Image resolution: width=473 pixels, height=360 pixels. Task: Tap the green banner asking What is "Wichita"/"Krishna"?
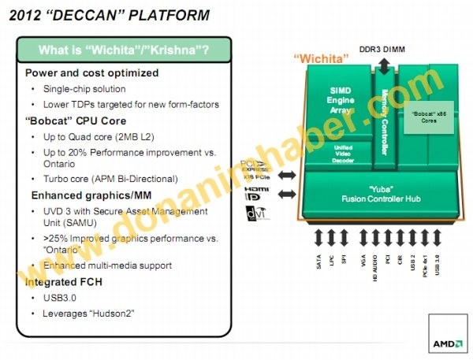coord(124,51)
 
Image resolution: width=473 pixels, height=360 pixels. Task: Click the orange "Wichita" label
coord(319,58)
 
